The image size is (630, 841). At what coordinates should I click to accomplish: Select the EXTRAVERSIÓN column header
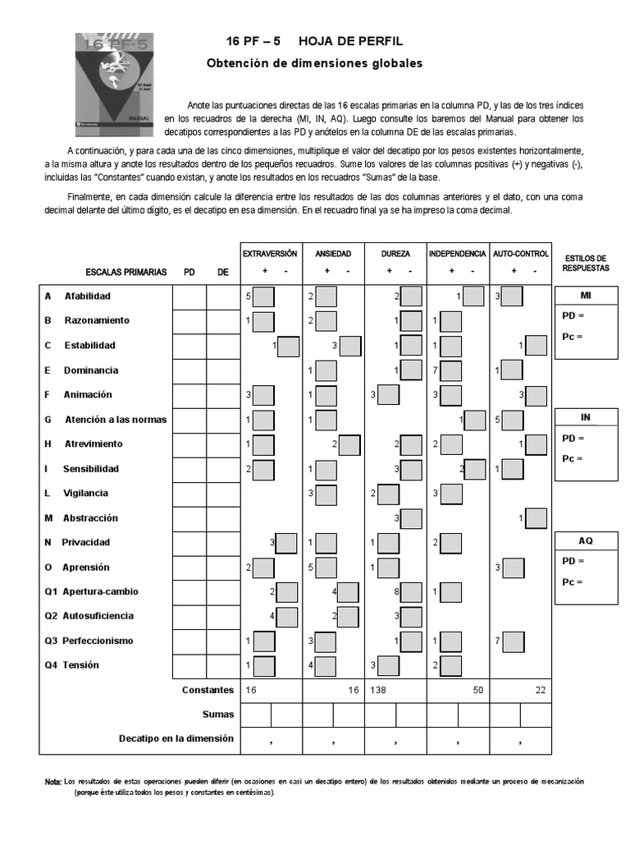point(270,254)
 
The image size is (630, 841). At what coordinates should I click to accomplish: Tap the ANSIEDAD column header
point(332,254)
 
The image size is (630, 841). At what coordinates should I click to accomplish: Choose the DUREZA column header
point(395,254)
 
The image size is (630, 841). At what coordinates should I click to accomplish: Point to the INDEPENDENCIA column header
point(457,254)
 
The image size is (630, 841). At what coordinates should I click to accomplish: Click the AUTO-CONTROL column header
point(520,254)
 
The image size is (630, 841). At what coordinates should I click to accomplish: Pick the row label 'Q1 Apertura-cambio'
point(91,591)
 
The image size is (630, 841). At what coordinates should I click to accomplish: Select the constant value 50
point(478,691)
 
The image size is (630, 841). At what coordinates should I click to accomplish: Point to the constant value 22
point(541,691)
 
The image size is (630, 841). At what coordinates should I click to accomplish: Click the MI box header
point(586,295)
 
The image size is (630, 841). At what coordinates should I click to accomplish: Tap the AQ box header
point(586,541)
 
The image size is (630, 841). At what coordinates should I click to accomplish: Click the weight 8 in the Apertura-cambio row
point(396,591)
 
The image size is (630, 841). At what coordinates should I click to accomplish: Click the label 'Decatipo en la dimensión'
point(176,738)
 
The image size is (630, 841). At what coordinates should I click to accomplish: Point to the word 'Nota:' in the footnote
point(52,781)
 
